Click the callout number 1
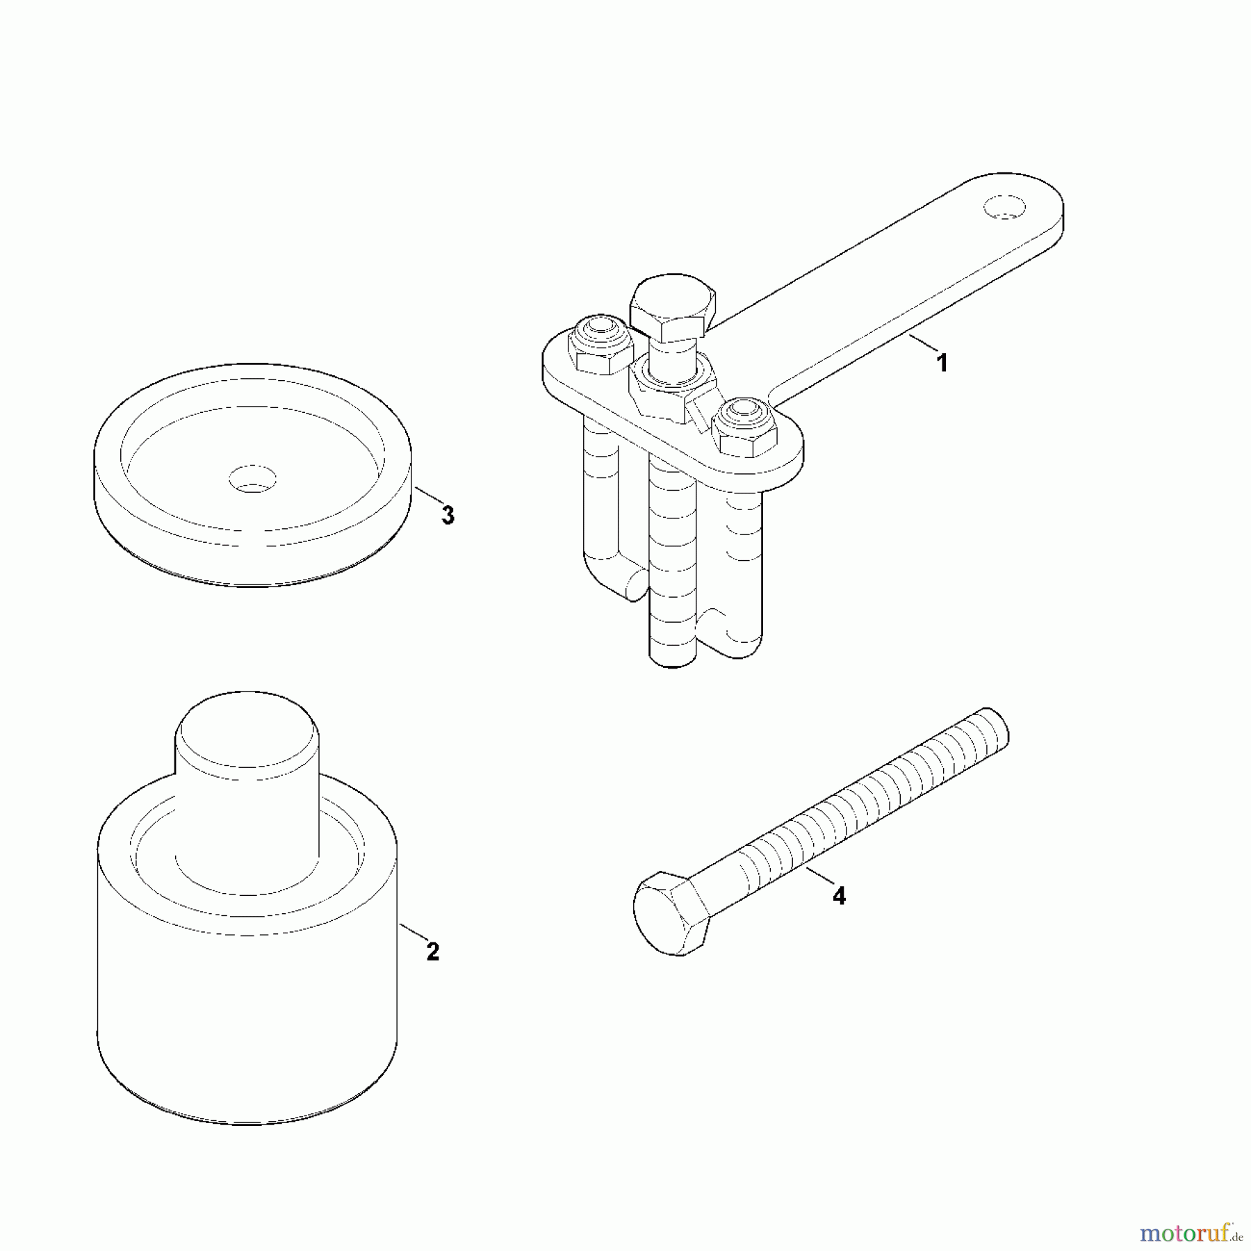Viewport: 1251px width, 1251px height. (942, 363)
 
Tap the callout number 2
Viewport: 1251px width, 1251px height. (432, 951)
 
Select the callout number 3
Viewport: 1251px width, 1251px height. (448, 516)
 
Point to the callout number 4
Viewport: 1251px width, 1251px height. (839, 896)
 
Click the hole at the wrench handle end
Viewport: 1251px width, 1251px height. (1004, 207)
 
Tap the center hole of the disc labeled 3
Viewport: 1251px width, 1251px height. (253, 479)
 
